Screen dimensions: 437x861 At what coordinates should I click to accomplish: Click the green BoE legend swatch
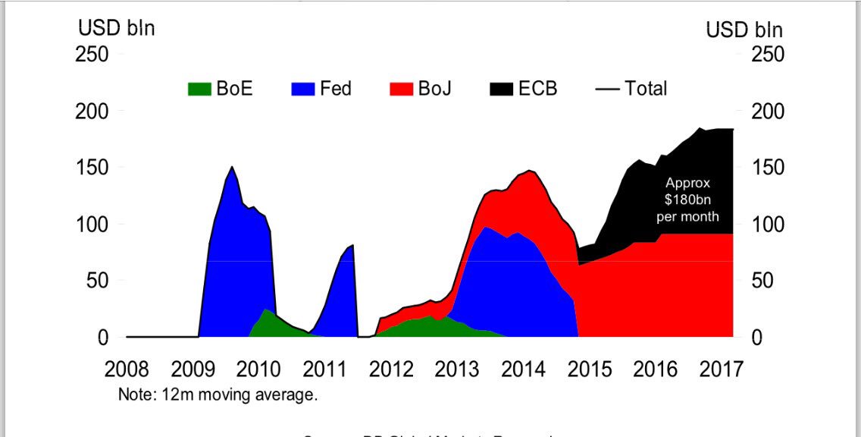click(x=199, y=89)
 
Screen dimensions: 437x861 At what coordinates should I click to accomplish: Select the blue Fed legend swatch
click(x=302, y=89)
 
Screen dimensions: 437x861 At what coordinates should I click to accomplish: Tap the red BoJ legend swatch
click(x=401, y=89)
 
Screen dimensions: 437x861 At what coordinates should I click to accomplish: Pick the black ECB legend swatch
click(x=501, y=89)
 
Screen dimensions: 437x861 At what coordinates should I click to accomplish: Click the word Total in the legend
click(x=646, y=89)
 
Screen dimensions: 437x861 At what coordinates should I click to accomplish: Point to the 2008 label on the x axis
click(x=127, y=370)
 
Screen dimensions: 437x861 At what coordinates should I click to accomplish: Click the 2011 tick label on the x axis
click(x=325, y=370)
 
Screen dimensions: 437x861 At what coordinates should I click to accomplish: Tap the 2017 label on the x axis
click(x=720, y=370)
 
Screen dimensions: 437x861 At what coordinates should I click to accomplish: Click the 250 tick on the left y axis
click(x=92, y=55)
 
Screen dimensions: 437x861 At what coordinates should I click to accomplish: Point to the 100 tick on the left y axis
click(x=92, y=225)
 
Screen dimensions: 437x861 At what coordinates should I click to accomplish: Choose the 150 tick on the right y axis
click(x=768, y=168)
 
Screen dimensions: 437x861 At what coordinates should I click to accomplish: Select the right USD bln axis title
click(x=744, y=30)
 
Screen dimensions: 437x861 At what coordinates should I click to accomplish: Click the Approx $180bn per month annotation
click(x=688, y=200)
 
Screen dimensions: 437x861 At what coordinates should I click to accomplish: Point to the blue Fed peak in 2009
click(x=231, y=171)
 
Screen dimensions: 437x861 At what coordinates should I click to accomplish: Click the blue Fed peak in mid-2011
click(x=352, y=249)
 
